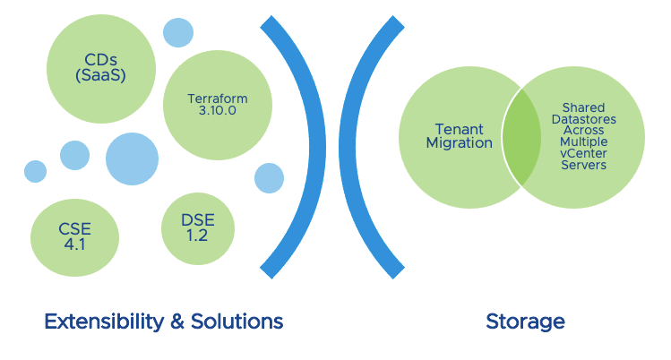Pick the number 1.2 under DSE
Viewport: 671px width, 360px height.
point(198,236)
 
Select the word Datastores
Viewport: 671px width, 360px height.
point(584,119)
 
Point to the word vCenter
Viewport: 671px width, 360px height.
point(584,154)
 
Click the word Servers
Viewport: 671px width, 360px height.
point(584,166)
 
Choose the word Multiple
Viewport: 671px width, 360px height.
point(584,142)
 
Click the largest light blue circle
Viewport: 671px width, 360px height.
point(132,159)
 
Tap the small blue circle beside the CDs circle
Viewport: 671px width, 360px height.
point(178,32)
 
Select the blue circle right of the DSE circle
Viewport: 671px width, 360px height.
point(269,177)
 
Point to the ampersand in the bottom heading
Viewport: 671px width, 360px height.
point(169,321)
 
